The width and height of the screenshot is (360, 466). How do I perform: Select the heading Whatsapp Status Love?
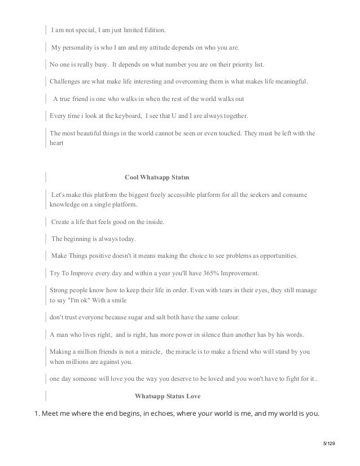pyautogui.click(x=168, y=396)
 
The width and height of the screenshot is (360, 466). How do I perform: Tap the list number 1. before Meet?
pyautogui.click(x=38, y=414)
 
